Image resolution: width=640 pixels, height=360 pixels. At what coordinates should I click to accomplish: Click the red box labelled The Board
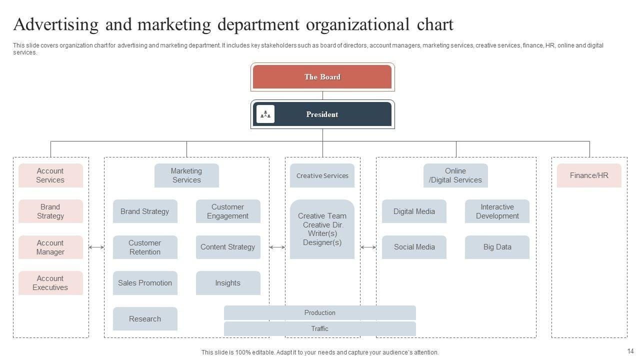322,77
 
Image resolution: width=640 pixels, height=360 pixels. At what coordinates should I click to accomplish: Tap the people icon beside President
265,114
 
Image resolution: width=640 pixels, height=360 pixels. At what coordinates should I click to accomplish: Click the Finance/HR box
589,175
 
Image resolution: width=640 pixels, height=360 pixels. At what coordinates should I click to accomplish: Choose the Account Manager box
50,247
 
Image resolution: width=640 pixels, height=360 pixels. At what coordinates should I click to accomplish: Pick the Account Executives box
50,283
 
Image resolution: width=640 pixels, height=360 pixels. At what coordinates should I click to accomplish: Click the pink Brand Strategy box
50,211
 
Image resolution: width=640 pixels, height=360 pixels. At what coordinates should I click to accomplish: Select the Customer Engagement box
228,211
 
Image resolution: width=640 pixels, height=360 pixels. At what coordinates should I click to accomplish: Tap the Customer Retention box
145,247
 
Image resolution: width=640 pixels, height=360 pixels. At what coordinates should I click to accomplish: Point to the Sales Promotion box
145,283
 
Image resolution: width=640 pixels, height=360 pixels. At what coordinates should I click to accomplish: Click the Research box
145,319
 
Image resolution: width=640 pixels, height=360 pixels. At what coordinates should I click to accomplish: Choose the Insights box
228,283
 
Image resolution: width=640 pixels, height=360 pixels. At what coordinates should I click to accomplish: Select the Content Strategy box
228,247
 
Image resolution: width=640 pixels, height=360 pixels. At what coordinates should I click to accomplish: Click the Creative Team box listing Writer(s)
322,229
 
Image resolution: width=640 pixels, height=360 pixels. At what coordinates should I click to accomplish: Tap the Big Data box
497,247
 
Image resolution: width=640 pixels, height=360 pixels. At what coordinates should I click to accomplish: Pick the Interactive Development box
497,211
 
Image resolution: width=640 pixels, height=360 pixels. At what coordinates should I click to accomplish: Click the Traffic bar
320,329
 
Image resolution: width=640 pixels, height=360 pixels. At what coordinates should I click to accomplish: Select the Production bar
320,313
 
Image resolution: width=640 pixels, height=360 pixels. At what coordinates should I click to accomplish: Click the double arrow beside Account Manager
96,247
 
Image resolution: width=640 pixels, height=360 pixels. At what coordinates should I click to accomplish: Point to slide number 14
630,351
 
